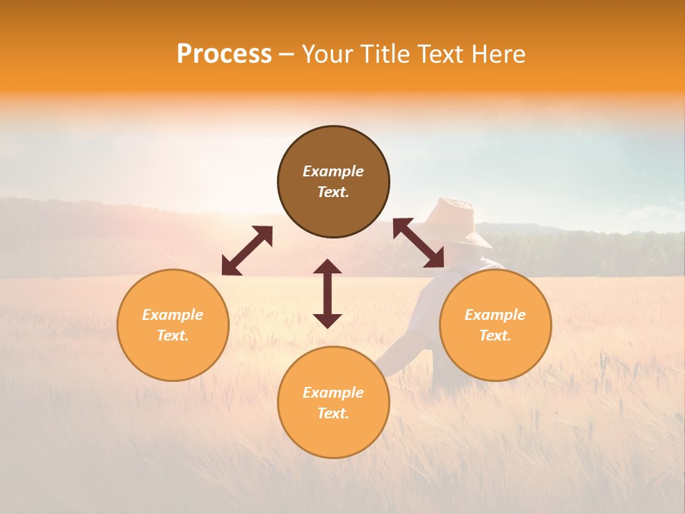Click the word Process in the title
point(224,54)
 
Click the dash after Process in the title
point(287,55)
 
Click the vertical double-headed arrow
point(328,293)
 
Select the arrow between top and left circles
point(247,251)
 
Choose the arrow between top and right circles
point(418,243)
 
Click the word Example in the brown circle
point(333,171)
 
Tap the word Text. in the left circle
point(173,336)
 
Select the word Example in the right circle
point(495,315)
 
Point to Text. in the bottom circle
point(333,413)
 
